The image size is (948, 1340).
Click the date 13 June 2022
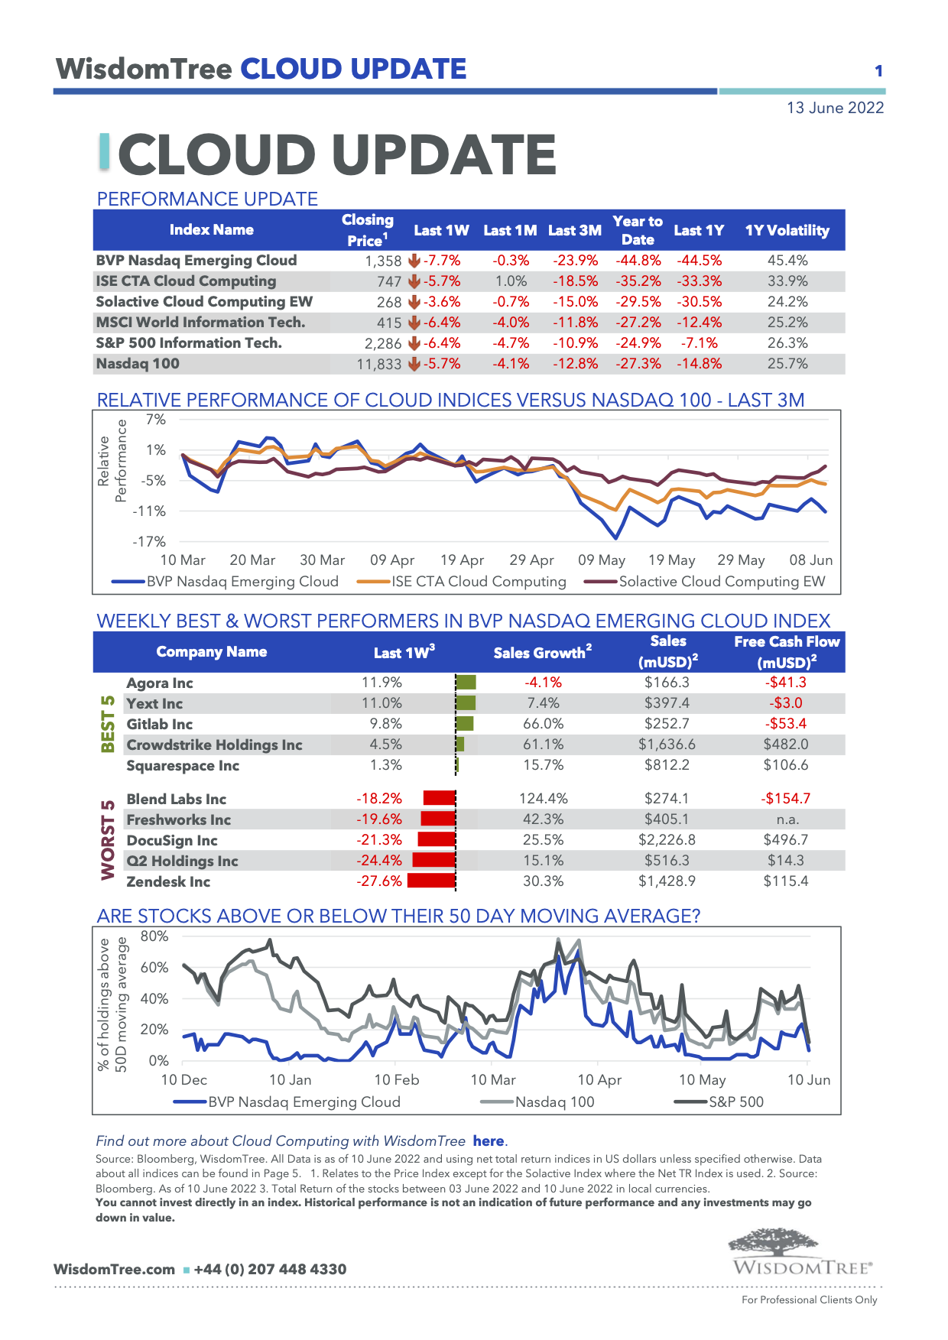(835, 108)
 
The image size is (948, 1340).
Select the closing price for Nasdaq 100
(378, 365)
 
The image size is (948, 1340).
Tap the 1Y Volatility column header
(787, 230)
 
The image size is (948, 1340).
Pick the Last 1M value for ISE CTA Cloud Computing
(511, 281)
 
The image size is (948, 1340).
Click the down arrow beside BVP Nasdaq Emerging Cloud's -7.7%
(414, 261)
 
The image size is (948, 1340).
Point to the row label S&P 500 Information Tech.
(189, 343)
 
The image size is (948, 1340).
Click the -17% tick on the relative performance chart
(149, 541)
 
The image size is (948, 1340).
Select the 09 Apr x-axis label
(391, 560)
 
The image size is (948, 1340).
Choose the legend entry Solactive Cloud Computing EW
(722, 582)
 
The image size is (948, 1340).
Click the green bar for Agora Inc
(466, 683)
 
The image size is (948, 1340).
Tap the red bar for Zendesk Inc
(431, 881)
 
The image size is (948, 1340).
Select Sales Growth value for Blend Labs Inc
(543, 799)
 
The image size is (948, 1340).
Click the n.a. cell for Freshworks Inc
(786, 819)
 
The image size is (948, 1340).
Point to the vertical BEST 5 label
(108, 723)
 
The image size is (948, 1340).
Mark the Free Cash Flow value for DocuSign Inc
(785, 840)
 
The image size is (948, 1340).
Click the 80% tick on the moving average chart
(154, 936)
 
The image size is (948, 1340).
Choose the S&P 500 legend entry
(735, 1102)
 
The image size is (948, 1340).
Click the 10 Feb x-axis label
(396, 1080)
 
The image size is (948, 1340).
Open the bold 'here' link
(489, 1141)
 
